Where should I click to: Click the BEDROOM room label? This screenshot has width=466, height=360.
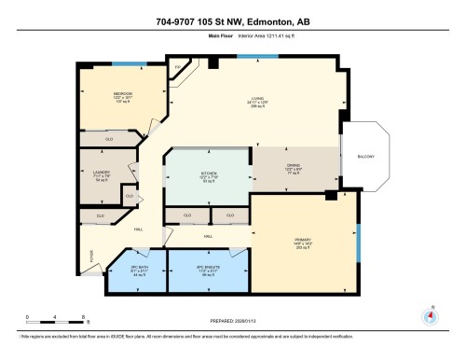point(122,93)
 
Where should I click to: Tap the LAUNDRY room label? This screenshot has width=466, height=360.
point(103,173)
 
